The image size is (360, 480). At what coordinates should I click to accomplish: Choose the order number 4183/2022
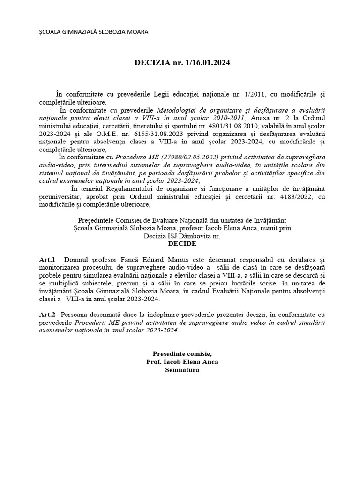pyautogui.click(x=290, y=197)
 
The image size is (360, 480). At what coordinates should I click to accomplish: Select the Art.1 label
pyautogui.click(x=47, y=259)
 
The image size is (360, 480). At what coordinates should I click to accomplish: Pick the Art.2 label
pyautogui.click(x=47, y=315)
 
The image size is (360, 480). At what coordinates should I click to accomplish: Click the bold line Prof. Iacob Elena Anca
pyautogui.click(x=182, y=362)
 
